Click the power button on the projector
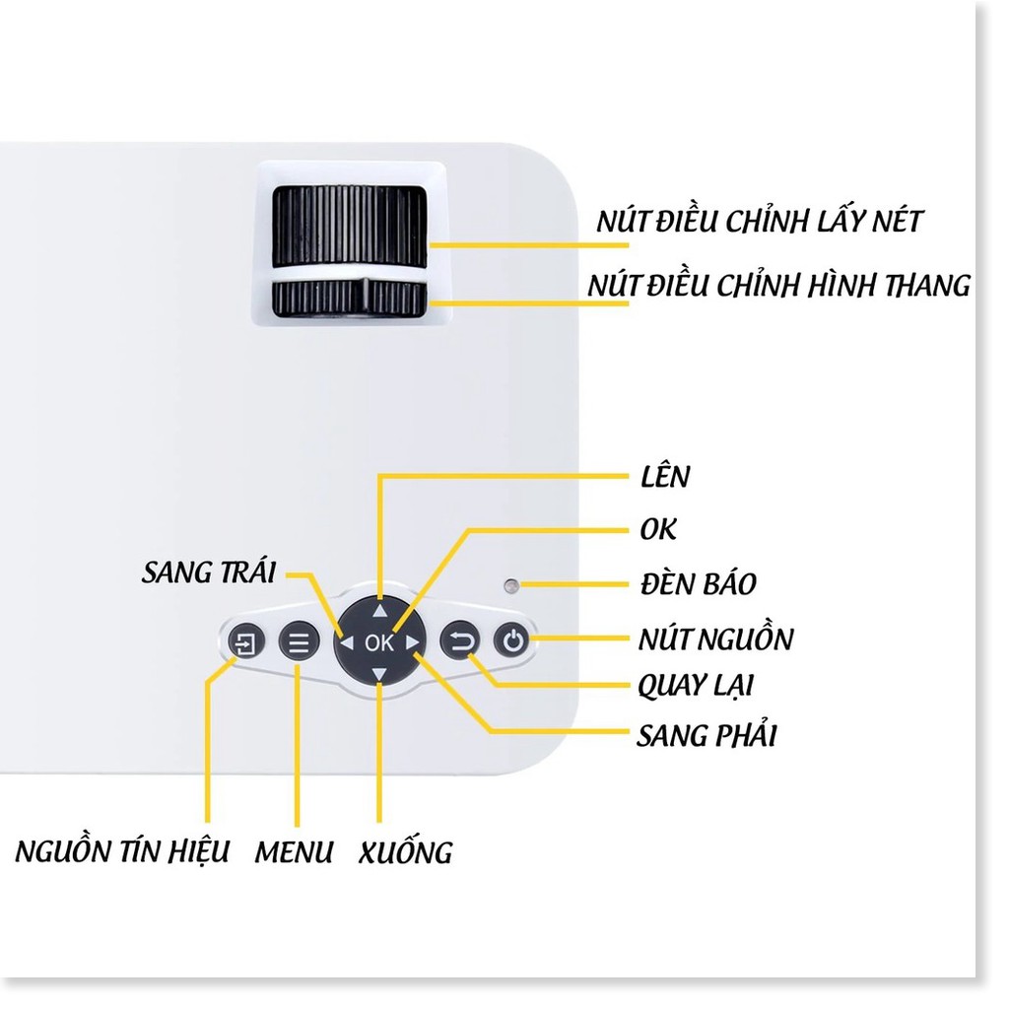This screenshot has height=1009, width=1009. click(511, 643)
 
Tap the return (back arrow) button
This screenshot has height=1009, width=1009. click(460, 643)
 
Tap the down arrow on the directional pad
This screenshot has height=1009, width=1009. click(380, 675)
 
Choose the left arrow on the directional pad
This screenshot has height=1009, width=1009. click(347, 643)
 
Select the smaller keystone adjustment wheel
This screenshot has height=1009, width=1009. click(350, 298)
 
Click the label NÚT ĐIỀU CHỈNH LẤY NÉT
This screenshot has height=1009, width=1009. click(759, 222)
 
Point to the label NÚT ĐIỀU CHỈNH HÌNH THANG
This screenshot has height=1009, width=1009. click(778, 286)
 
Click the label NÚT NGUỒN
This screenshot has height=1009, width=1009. click(715, 639)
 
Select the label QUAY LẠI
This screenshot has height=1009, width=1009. click(696, 685)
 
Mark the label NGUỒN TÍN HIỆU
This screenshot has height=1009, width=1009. click(123, 850)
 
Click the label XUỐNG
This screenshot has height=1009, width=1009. click(405, 852)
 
